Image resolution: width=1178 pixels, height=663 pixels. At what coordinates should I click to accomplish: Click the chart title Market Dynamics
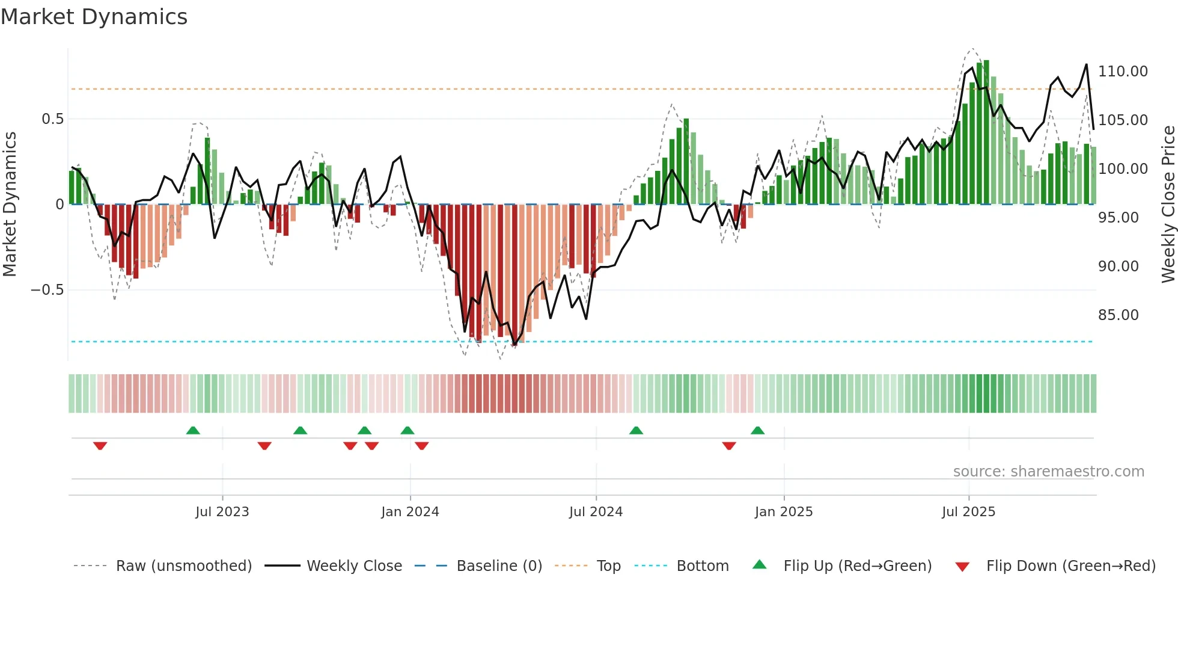[94, 17]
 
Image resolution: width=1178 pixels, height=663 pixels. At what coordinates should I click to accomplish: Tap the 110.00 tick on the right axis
[1122, 72]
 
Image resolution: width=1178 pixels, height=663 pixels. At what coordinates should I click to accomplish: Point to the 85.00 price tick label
[1118, 315]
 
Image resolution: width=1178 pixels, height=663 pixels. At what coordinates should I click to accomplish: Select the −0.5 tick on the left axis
[47, 290]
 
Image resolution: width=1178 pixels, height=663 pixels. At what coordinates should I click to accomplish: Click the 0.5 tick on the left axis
[52, 119]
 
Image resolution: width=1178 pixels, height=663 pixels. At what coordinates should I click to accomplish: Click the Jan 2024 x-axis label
[410, 512]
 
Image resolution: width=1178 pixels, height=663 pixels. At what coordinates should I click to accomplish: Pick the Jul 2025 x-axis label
[968, 512]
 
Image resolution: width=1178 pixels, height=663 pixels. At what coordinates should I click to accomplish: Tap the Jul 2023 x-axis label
[222, 512]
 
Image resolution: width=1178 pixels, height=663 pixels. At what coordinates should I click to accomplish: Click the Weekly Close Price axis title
[1168, 205]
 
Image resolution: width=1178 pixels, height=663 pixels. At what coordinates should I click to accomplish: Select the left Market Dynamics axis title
[10, 205]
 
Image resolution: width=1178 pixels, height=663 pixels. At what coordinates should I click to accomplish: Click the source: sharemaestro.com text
[1048, 472]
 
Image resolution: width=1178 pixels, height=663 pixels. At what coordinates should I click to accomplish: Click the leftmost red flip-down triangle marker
[100, 446]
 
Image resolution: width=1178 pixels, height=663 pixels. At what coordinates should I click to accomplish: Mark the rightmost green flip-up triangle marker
[757, 430]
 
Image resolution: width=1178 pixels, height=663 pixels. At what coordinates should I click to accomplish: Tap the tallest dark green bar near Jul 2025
[986, 132]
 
